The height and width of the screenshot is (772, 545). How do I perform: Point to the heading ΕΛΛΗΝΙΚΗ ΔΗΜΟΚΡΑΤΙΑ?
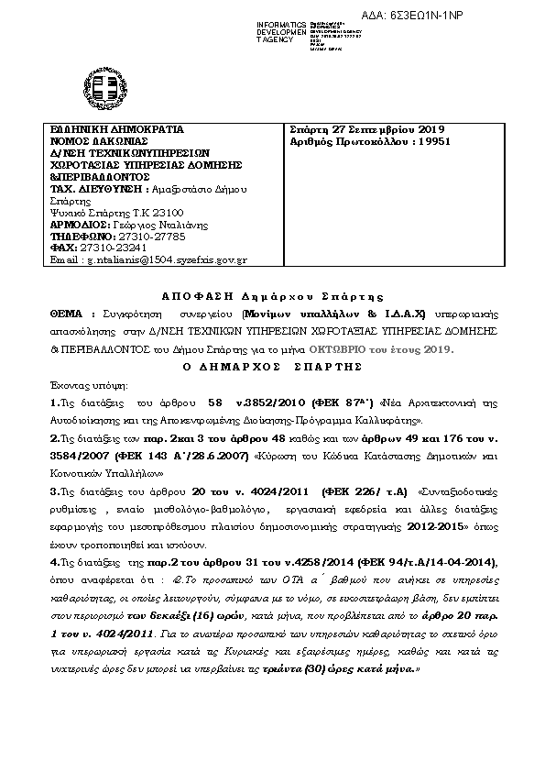(118, 130)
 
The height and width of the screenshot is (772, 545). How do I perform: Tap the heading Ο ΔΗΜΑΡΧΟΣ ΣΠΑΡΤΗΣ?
(272, 365)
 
